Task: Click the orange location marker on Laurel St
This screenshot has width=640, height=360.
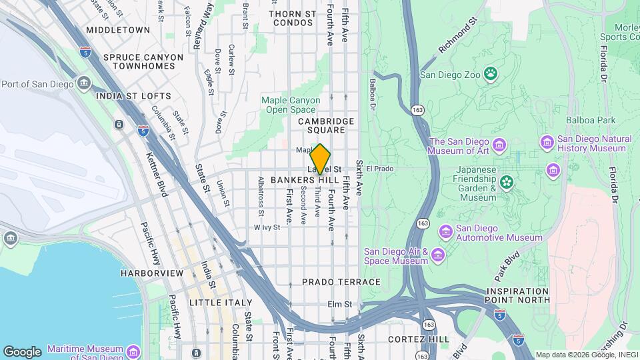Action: click(x=320, y=159)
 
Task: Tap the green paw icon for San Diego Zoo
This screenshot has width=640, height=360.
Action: click(x=491, y=73)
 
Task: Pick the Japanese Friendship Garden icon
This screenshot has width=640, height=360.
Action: click(x=507, y=181)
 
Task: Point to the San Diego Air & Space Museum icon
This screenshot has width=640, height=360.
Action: click(x=437, y=256)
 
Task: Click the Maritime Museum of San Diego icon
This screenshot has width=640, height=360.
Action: click(x=133, y=351)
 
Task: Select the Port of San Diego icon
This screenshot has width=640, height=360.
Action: click(x=84, y=83)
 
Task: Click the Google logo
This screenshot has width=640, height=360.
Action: click(x=22, y=351)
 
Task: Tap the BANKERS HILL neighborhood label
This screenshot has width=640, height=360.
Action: click(x=305, y=181)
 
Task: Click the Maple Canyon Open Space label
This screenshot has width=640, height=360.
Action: click(x=288, y=105)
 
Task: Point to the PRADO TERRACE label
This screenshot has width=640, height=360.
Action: click(x=341, y=282)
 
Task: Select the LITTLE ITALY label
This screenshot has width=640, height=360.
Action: click(x=201, y=302)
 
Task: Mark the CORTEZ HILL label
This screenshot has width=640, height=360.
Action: click(x=419, y=339)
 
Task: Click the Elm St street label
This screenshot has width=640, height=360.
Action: click(x=339, y=304)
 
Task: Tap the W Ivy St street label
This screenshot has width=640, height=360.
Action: click(x=267, y=227)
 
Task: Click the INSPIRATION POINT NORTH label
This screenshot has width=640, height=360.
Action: click(x=518, y=296)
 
